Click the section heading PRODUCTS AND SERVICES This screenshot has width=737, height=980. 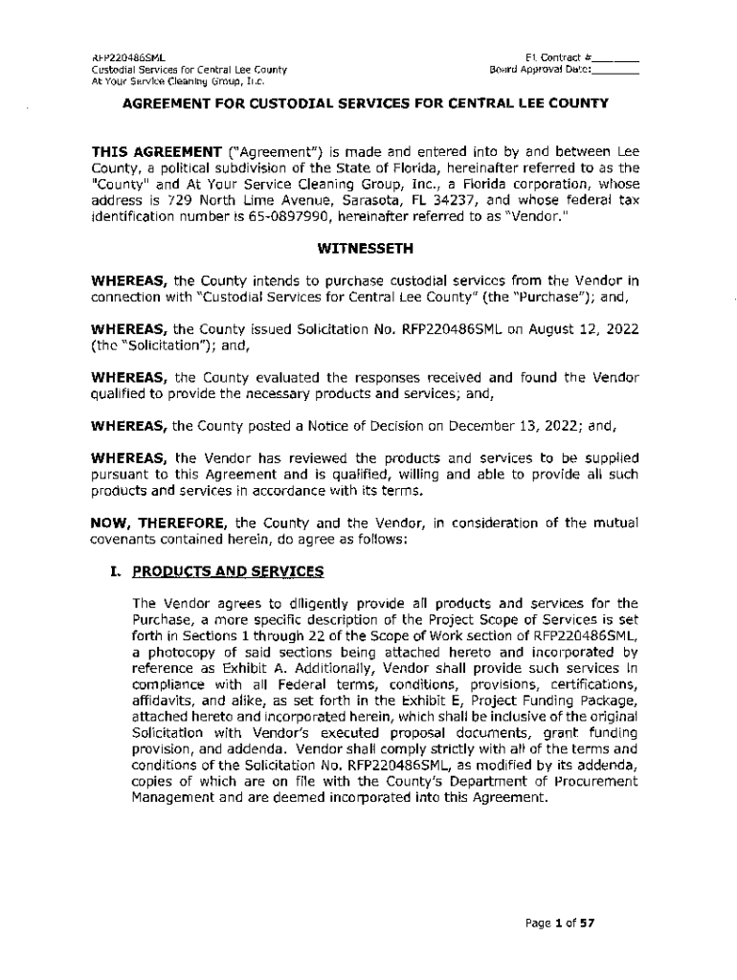[x=228, y=572]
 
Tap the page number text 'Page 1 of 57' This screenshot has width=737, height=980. [x=560, y=924]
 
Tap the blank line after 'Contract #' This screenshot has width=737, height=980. [x=619, y=57]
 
